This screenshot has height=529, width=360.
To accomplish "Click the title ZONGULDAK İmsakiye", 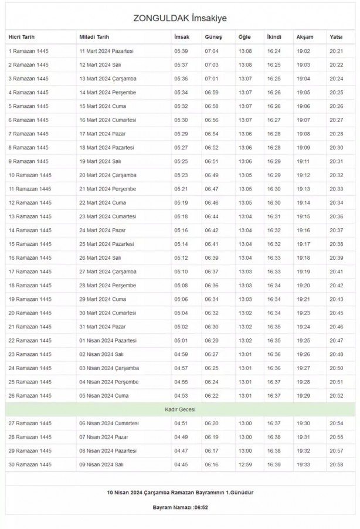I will tap(180, 18).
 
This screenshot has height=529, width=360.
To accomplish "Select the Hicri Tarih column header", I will tap(23, 37).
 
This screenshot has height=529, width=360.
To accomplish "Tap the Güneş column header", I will tap(213, 37).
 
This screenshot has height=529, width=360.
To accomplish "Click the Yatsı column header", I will tap(336, 37).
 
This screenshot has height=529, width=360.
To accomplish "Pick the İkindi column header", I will tap(274, 37).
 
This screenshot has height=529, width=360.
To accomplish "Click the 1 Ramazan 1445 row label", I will tap(29, 51).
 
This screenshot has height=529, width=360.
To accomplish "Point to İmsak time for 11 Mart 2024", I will tap(181, 51).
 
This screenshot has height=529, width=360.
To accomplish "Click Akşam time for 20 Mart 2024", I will tap(303, 175).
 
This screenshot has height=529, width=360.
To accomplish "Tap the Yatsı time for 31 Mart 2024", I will tap(337, 327).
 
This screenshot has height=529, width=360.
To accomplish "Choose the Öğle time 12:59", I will tap(245, 464).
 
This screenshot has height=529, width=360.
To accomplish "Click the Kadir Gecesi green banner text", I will tap(179, 408).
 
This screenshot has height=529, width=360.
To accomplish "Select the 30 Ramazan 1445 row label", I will tap(30, 464).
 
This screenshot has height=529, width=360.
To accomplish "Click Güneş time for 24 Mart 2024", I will tap(212, 230).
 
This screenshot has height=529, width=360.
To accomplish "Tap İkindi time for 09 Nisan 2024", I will tap(274, 464).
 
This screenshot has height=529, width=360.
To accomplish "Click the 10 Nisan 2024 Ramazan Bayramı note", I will tap(179, 491).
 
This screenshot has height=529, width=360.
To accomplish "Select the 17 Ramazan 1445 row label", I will tap(30, 272).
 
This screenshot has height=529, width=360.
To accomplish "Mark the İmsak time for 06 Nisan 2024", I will tap(181, 423).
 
